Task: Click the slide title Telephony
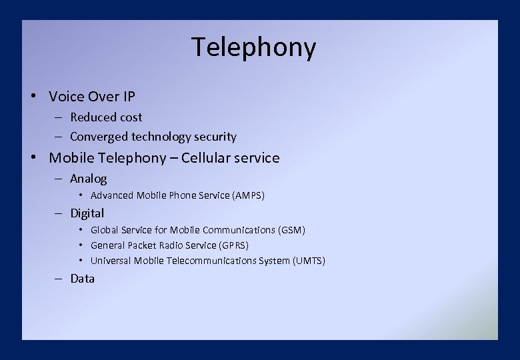tap(253, 48)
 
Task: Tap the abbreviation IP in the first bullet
tap(129, 97)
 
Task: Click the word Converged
tap(99, 137)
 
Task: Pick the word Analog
tap(88, 179)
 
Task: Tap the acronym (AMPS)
tap(249, 195)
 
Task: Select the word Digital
tap(87, 213)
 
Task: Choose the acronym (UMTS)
tap(309, 261)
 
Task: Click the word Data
tap(83, 279)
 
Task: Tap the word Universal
tap(111, 261)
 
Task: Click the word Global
tap(104, 230)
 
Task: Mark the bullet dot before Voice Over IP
tap(33, 97)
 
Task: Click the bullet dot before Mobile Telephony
tap(33, 158)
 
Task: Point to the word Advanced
tap(112, 195)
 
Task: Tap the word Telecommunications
tap(211, 261)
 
